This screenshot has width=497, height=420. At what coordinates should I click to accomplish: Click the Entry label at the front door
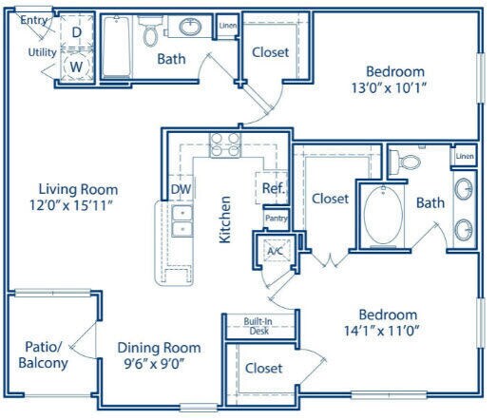click(34, 20)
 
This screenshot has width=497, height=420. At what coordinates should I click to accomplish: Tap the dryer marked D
click(76, 31)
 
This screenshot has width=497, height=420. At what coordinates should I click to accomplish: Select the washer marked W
click(76, 67)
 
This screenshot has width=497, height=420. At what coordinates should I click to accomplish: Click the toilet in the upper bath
click(149, 30)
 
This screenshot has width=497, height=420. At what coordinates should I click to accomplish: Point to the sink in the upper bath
click(190, 27)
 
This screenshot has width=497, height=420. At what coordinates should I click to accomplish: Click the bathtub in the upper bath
click(117, 47)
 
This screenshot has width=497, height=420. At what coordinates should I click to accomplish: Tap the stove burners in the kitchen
click(225, 144)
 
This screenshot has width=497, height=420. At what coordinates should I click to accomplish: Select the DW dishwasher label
click(181, 189)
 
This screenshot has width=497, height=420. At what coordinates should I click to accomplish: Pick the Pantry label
click(277, 219)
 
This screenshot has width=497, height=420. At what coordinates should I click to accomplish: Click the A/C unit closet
click(276, 251)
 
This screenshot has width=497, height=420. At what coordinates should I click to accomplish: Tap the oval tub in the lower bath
click(383, 216)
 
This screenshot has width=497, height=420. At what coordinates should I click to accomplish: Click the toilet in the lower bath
click(405, 162)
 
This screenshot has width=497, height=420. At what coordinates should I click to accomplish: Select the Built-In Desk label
click(258, 326)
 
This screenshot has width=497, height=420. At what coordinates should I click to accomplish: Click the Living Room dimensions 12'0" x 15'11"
click(71, 205)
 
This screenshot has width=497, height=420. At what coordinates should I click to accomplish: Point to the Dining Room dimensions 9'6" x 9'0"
click(154, 364)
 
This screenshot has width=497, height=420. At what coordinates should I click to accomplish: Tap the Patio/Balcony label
click(43, 355)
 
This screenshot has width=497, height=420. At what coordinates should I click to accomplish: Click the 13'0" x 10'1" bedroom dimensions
click(388, 87)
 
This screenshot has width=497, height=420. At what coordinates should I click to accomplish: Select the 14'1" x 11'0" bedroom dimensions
click(382, 331)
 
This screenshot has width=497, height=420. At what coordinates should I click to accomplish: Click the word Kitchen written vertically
click(224, 220)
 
